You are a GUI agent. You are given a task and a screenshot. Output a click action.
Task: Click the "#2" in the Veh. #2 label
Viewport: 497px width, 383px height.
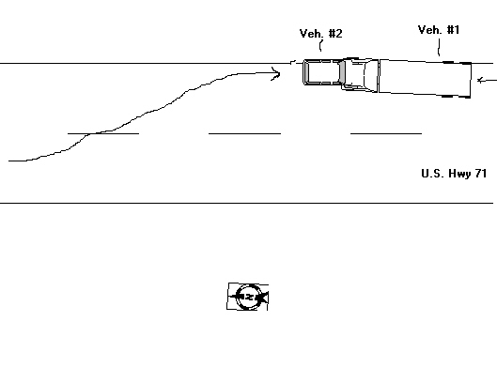[x=335, y=33]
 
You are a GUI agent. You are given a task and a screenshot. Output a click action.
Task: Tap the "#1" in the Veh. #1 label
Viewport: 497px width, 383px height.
[x=453, y=30]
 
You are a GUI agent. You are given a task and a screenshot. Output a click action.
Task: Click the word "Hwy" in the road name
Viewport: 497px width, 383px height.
[x=459, y=174]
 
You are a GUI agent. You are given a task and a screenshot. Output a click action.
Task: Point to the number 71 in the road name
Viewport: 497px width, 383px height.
[x=481, y=174]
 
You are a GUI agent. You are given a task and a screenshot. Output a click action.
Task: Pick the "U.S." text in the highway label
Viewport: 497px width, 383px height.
[x=433, y=174]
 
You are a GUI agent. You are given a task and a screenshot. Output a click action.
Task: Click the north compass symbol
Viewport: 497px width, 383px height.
[x=248, y=297]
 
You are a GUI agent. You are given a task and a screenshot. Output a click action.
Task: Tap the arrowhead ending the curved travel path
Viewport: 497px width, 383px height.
[x=276, y=74]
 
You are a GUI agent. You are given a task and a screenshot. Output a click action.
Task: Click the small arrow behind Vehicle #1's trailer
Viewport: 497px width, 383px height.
[x=487, y=80]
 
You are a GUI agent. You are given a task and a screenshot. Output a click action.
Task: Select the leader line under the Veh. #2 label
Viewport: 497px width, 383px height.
[x=320, y=46]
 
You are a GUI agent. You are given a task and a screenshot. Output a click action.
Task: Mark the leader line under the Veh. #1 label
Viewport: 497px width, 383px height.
[x=439, y=47]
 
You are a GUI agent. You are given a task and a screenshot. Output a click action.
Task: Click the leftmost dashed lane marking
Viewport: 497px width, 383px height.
[x=103, y=133]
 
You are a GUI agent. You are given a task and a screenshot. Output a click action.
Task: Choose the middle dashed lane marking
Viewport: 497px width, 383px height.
[x=244, y=133]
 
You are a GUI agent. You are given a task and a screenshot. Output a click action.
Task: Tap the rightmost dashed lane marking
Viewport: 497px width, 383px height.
[x=386, y=133]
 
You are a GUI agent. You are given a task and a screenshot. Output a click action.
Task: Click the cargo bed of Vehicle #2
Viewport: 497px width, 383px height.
[x=322, y=72]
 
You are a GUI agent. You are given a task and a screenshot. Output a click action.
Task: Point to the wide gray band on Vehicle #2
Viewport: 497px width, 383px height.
[x=342, y=72]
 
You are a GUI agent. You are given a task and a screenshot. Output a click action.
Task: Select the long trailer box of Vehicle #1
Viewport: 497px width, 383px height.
[x=425, y=78]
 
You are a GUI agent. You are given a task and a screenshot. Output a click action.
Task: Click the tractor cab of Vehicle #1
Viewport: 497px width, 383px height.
[x=361, y=75]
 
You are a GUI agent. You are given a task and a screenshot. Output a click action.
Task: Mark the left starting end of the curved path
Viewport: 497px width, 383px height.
[x=8, y=161]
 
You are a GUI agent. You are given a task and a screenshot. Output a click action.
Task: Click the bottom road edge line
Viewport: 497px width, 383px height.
[x=246, y=203]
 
